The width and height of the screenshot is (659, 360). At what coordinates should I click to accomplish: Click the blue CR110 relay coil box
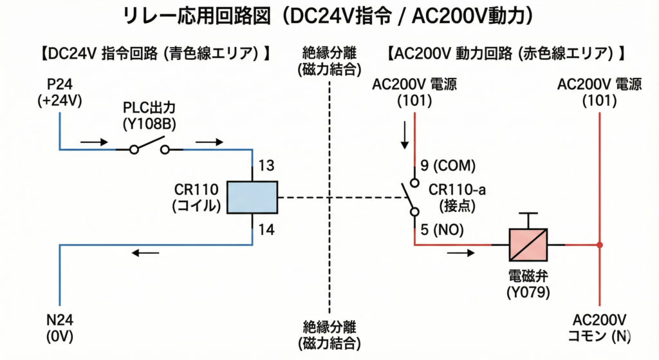click(x=252, y=197)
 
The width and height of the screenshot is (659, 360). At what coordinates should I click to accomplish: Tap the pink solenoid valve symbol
click(x=528, y=244)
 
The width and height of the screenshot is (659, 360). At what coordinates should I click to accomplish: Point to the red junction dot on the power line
click(x=599, y=245)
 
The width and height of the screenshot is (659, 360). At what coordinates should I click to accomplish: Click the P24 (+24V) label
click(x=59, y=93)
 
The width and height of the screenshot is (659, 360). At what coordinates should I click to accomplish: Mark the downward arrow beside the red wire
click(x=404, y=133)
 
